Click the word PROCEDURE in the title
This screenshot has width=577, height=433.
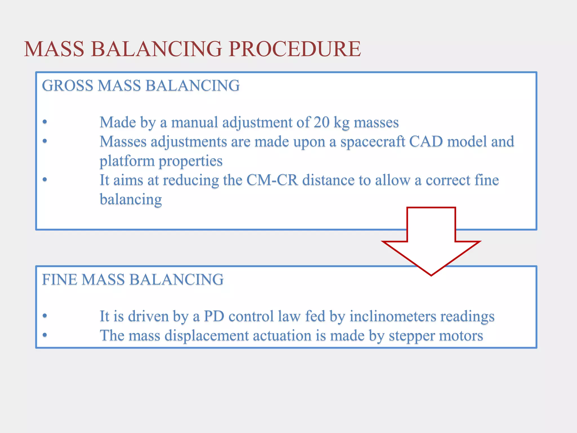tap(294, 49)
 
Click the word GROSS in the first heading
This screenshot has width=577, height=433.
tap(68, 85)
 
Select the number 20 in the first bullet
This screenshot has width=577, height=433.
tap(321, 123)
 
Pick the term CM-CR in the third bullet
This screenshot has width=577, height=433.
tap(272, 180)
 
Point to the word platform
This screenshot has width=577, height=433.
tap(127, 161)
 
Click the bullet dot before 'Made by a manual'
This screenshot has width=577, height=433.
tap(45, 122)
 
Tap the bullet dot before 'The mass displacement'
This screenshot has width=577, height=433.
tap(45, 335)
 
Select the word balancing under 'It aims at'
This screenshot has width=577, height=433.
tap(131, 200)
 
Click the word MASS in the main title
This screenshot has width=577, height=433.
tap(54, 49)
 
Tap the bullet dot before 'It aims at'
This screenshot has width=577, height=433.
tap(45, 180)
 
